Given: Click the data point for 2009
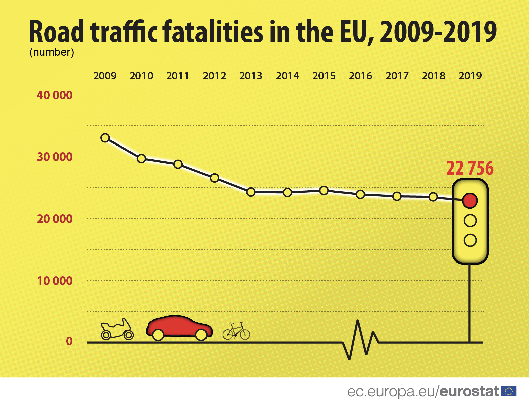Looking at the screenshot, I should pyautogui.click(x=105, y=138).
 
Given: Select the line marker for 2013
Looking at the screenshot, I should pyautogui.click(x=251, y=192).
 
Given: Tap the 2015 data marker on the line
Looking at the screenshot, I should pyautogui.click(x=324, y=190).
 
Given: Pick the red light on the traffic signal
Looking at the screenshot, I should pyautogui.click(x=470, y=200).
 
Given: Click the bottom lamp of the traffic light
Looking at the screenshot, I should pyautogui.click(x=470, y=240).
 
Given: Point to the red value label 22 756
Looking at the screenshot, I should pyautogui.click(x=470, y=168).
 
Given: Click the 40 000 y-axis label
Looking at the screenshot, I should pyautogui.click(x=55, y=95).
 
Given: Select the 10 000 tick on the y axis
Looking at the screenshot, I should pyautogui.click(x=55, y=281).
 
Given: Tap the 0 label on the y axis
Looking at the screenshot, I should pyautogui.click(x=69, y=341).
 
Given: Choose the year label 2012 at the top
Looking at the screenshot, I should pyautogui.click(x=214, y=76).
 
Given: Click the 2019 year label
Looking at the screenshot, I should pyautogui.click(x=470, y=76).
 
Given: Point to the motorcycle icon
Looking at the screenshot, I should pyautogui.click(x=117, y=330).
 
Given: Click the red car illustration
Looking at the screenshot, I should pyautogui.click(x=179, y=327).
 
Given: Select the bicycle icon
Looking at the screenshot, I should pyautogui.click(x=236, y=331).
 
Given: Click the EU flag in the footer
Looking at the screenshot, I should pyautogui.click(x=509, y=391).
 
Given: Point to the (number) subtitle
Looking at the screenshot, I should pyautogui.click(x=52, y=52).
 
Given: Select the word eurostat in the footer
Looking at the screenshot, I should pyautogui.click(x=469, y=391).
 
